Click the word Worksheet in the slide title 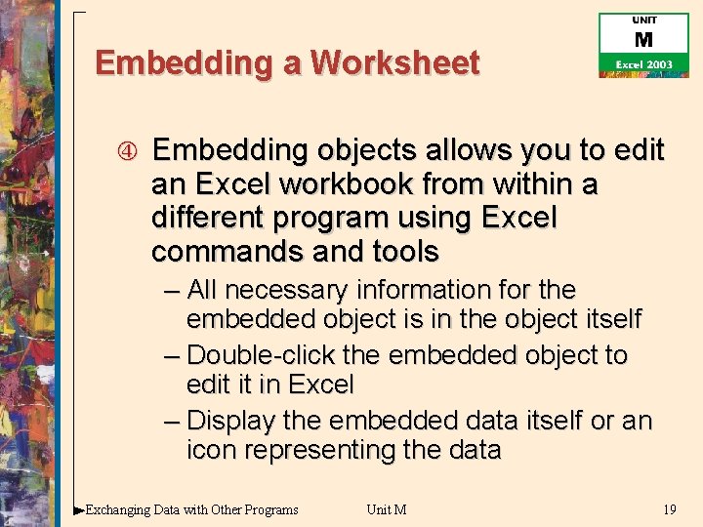[x=395, y=63]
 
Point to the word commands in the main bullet [x=222, y=252]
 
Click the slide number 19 [x=669, y=509]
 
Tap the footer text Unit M [x=387, y=509]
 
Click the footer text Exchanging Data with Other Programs [x=192, y=509]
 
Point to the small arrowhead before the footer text [x=78, y=509]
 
